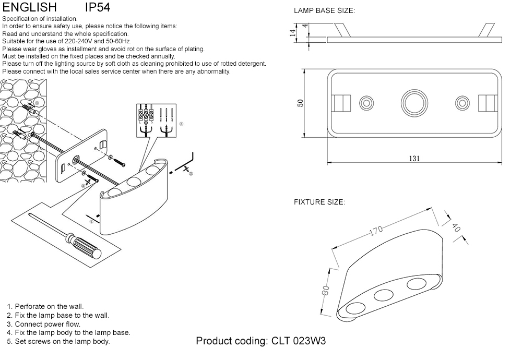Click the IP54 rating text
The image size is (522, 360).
coord(98,7)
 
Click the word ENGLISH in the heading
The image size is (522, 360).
coord(29,7)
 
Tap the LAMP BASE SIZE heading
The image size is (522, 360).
coord(324,10)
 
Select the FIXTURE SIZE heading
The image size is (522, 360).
coord(319,202)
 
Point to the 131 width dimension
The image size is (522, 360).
coord(414,159)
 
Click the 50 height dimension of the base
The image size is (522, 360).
coord(300,103)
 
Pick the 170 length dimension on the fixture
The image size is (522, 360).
coord(377,230)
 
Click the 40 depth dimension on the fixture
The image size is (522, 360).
coord(455,227)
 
